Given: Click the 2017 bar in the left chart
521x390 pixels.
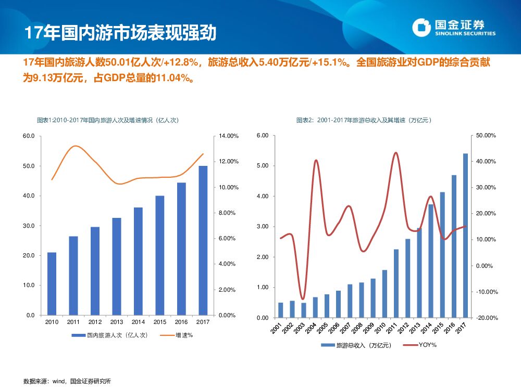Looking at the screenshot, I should [x=203, y=240].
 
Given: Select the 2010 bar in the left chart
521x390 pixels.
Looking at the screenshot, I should [x=52, y=283].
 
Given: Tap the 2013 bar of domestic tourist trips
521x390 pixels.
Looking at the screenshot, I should [x=117, y=266].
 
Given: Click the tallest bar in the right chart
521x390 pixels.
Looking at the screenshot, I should [x=465, y=235].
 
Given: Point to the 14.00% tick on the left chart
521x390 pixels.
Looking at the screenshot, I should [x=228, y=136].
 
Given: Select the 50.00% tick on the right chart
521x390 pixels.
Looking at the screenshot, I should [x=486, y=136].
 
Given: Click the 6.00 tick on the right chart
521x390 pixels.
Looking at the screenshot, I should [x=263, y=136].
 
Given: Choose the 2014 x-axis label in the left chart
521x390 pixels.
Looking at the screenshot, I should [x=138, y=322].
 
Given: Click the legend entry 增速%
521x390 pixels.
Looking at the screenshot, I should [x=177, y=335].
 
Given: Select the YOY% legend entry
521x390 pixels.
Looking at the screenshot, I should [x=421, y=345].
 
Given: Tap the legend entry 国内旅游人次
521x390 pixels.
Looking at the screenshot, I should [x=109, y=335].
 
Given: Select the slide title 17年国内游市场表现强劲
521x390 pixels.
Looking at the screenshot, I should [x=120, y=32].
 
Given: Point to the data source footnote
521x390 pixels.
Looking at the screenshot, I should [x=67, y=381].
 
